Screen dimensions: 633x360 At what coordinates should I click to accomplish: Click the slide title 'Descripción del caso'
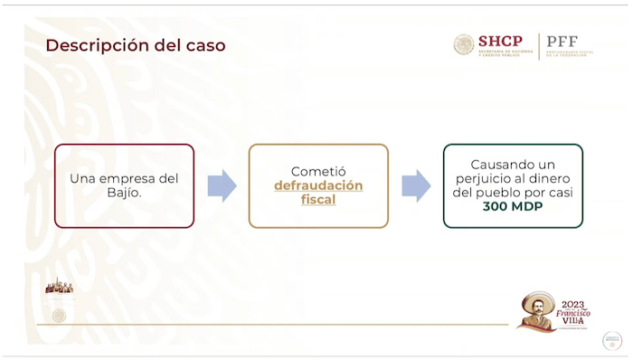pos(136,44)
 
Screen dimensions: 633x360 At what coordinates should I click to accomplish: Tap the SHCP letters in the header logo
pos(500,41)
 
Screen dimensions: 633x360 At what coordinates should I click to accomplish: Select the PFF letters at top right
pos(562,42)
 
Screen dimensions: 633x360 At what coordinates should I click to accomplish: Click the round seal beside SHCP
pos(464,44)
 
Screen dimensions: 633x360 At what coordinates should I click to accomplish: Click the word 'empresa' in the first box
pos(124,178)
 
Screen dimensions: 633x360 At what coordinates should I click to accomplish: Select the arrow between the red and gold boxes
pos(222,185)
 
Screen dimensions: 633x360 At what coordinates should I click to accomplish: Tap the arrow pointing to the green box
pos(416,185)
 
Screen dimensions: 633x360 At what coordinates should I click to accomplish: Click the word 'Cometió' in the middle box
pos(318,171)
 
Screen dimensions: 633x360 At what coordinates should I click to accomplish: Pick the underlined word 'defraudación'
pos(318,185)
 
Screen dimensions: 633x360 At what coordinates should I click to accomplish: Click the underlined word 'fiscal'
pos(318,199)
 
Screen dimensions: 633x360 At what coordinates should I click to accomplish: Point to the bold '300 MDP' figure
pos(513,207)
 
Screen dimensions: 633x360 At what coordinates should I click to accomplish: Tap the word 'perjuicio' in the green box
pos(490,179)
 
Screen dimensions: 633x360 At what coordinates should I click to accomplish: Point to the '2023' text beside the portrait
pos(574,305)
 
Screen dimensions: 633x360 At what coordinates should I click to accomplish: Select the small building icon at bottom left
pos(59,286)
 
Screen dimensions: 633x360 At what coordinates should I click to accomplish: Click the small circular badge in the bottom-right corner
pos(612,340)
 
